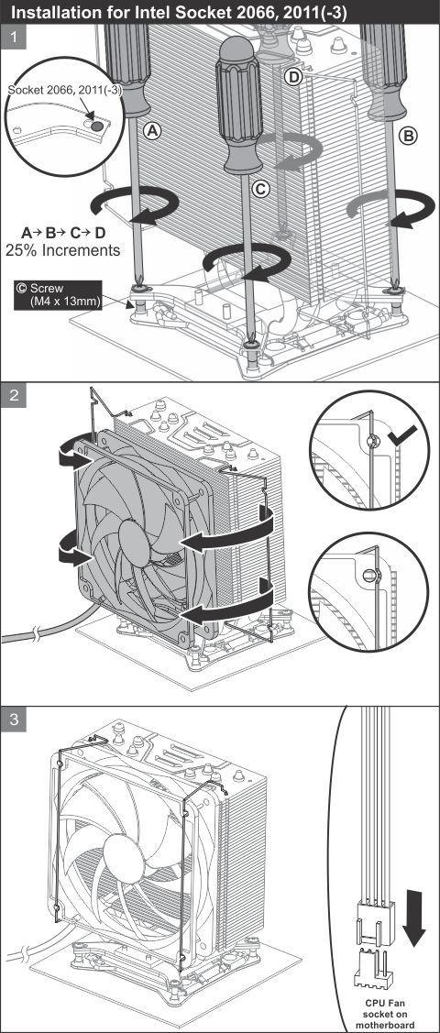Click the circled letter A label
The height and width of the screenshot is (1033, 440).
(152, 132)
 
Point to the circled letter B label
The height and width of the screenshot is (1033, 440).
(408, 137)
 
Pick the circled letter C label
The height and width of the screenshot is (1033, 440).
(261, 190)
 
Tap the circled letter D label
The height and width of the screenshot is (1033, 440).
(293, 78)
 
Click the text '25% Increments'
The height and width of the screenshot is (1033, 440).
(62, 250)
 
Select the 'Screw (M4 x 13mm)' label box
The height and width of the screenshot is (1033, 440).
(58, 296)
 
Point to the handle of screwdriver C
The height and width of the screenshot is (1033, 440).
(239, 105)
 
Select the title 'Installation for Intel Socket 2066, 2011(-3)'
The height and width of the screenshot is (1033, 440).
(178, 12)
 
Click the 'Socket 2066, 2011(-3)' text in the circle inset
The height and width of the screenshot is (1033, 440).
(64, 90)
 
